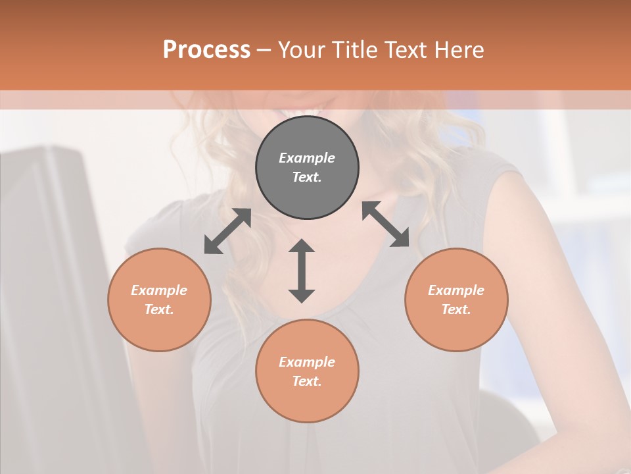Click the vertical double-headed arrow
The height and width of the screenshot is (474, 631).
pyautogui.click(x=302, y=271)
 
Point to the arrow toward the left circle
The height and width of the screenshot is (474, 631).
pyautogui.click(x=227, y=231)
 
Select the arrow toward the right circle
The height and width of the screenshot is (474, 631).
pyautogui.click(x=386, y=224)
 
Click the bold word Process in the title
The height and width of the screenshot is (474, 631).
pyautogui.click(x=206, y=50)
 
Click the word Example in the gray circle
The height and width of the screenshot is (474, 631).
pyautogui.click(x=307, y=158)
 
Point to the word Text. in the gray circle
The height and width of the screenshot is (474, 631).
pyautogui.click(x=307, y=177)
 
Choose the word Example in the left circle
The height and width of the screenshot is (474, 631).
pyautogui.click(x=159, y=290)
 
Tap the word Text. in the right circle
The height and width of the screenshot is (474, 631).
pyautogui.click(x=456, y=309)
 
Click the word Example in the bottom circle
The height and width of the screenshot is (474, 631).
pyautogui.click(x=307, y=362)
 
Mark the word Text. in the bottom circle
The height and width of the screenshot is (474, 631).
pyautogui.click(x=307, y=381)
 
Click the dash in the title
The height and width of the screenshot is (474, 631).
pyautogui.click(x=264, y=50)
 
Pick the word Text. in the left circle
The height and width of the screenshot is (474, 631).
pyautogui.click(x=159, y=309)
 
